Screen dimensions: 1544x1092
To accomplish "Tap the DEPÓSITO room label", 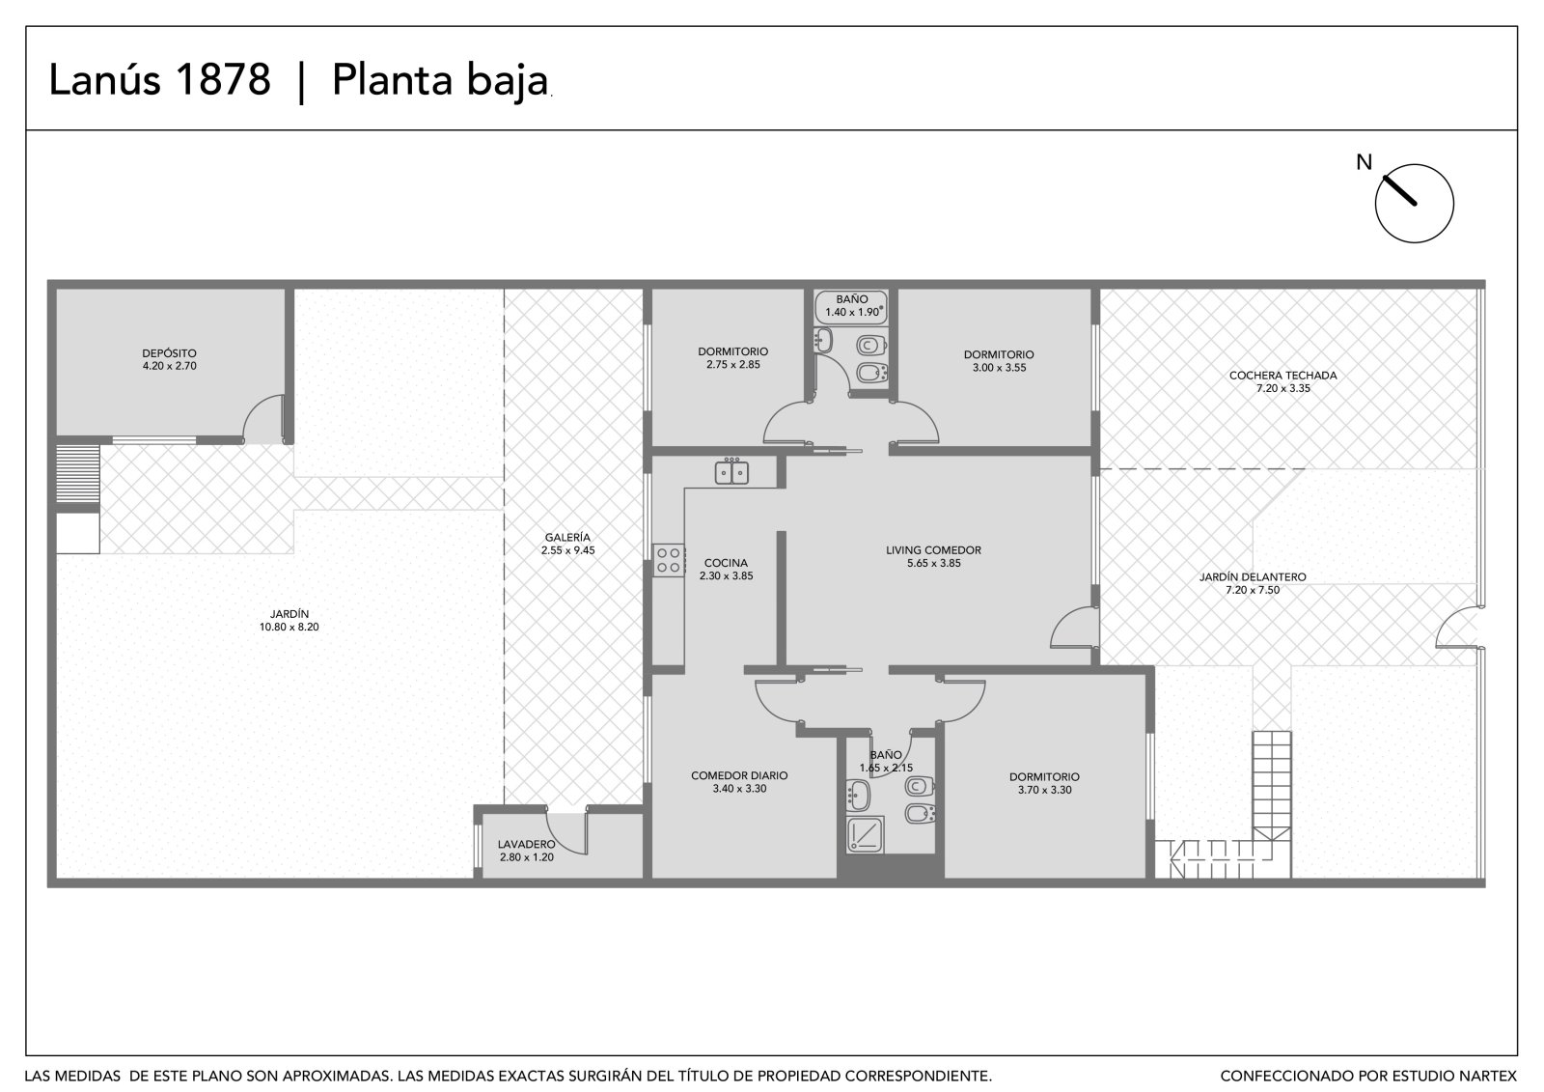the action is click(x=170, y=354).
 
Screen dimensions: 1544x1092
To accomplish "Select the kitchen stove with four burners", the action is click(x=669, y=560).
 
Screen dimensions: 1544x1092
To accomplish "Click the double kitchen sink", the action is click(x=731, y=472).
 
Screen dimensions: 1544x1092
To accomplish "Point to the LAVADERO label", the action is click(x=527, y=845).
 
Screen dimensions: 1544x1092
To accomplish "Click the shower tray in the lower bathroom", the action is click(x=865, y=835).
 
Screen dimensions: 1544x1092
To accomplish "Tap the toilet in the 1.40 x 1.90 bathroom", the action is click(x=871, y=345).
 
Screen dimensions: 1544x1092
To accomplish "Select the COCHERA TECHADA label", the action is click(x=1282, y=376).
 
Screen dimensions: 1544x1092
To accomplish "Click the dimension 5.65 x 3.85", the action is click(x=933, y=563).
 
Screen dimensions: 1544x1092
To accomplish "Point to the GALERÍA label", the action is click(x=567, y=538).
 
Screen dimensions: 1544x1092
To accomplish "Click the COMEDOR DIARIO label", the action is click(x=739, y=775).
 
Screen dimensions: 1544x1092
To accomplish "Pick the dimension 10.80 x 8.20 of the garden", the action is click(x=289, y=627).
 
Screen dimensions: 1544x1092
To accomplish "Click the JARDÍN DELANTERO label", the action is click(x=1253, y=576).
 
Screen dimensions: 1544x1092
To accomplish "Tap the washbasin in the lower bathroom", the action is click(x=858, y=796).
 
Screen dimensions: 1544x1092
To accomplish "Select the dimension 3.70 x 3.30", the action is click(x=1044, y=790).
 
